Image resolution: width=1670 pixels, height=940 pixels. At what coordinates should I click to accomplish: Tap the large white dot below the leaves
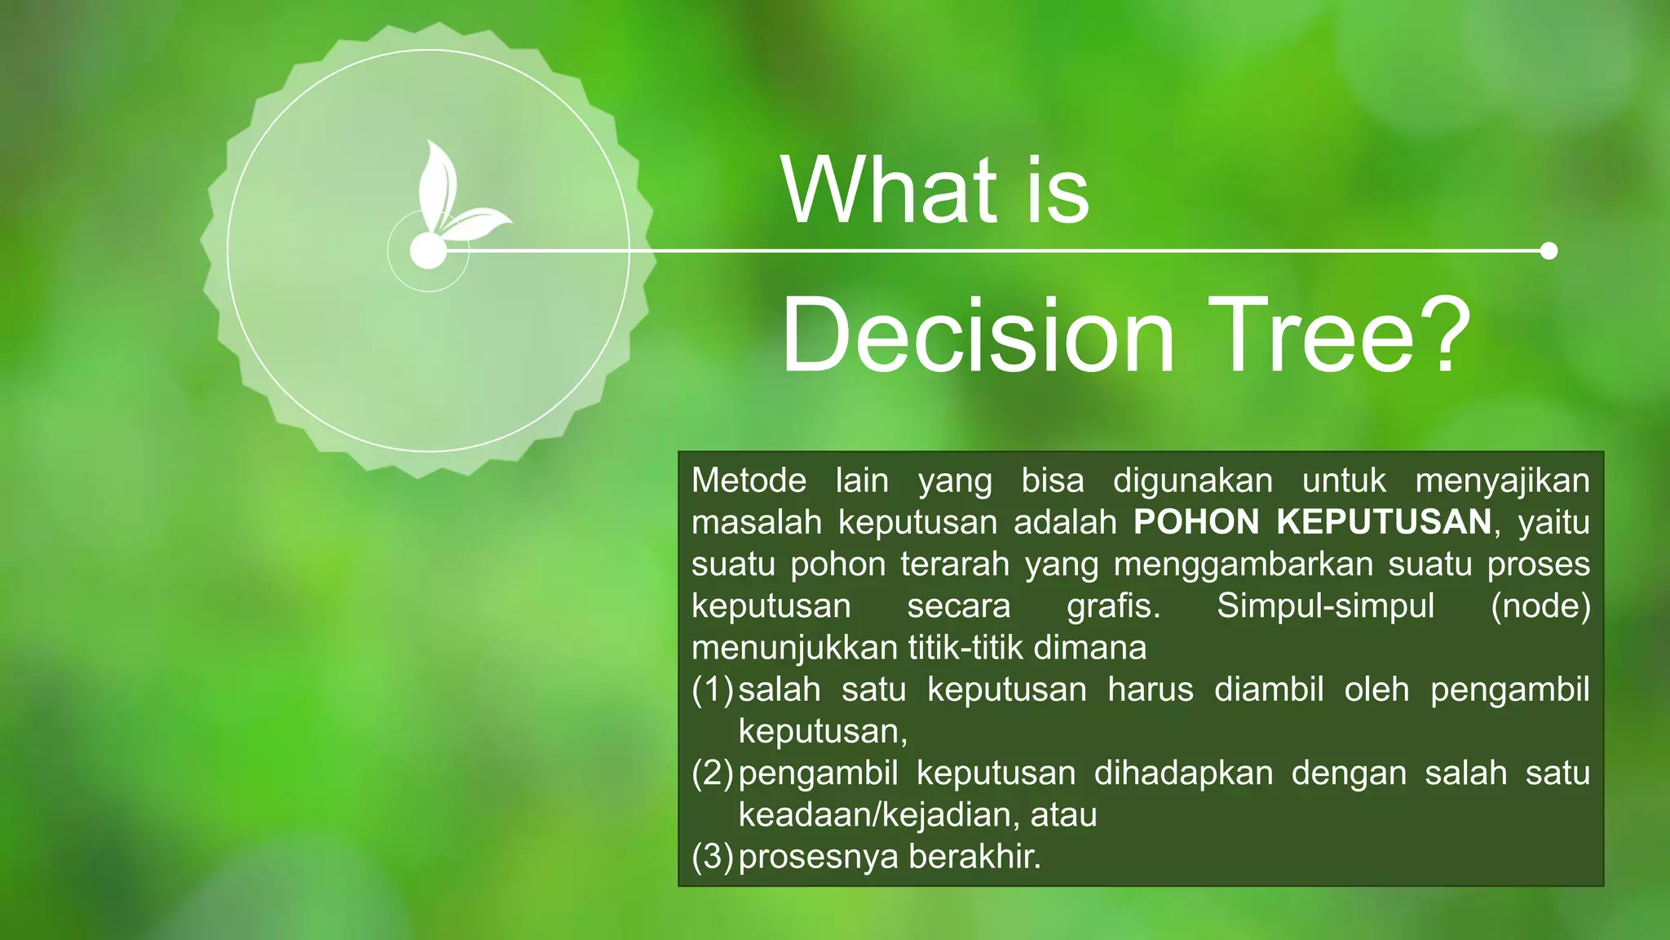[427, 251]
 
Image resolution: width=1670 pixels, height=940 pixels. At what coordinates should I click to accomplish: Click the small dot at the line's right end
[1549, 251]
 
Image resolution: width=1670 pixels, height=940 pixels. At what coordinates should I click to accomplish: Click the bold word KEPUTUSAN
[1384, 522]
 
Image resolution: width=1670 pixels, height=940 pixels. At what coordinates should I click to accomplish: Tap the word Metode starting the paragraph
[749, 481]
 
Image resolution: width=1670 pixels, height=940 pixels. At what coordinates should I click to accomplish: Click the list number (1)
[713, 690]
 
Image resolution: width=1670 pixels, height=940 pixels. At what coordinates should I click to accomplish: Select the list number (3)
[713, 857]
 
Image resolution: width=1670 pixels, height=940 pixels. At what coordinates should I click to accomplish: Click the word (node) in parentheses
[1540, 606]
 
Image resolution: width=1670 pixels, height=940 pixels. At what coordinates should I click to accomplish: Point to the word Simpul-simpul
[1325, 606]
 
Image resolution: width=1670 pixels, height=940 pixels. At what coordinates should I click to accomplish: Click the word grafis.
[1113, 606]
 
